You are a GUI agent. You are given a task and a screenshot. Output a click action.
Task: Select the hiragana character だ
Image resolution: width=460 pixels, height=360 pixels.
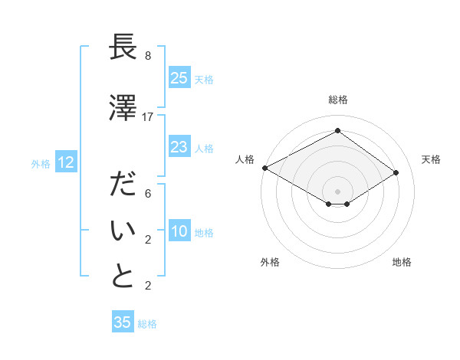click(x=123, y=186)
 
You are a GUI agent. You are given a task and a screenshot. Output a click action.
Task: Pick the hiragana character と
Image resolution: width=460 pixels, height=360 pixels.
click(x=123, y=277)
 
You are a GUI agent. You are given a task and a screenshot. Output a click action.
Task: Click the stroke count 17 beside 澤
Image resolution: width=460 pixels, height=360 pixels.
click(x=148, y=117)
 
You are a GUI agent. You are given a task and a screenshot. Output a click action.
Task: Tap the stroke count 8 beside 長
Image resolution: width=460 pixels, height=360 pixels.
click(x=148, y=56)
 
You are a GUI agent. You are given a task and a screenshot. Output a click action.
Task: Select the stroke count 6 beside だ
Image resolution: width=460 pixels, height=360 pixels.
click(x=148, y=195)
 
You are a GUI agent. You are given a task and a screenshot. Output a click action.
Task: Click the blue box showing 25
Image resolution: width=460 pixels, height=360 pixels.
click(x=179, y=77)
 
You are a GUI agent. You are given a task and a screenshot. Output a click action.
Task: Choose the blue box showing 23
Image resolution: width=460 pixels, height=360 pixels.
click(x=179, y=146)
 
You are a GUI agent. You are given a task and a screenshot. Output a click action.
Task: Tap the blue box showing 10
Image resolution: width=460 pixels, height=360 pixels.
click(x=179, y=231)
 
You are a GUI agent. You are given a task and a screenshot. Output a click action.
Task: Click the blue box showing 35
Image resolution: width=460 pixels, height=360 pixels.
click(x=123, y=322)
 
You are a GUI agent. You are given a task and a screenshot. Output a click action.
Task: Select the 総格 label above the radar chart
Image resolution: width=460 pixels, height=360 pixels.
click(x=337, y=100)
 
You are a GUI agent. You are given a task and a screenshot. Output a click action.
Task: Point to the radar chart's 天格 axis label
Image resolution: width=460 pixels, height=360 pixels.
click(x=431, y=159)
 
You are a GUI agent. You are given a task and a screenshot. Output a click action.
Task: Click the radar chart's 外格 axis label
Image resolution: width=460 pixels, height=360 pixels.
click(x=270, y=262)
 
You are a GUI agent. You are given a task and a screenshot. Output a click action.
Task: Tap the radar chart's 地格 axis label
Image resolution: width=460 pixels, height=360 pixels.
click(x=402, y=262)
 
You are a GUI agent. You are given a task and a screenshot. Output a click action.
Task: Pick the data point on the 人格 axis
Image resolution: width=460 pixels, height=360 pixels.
click(x=264, y=168)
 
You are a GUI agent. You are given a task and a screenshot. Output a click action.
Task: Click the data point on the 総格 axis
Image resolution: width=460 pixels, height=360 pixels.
click(x=337, y=131)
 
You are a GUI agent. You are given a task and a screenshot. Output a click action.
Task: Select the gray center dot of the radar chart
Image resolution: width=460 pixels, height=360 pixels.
click(x=337, y=191)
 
